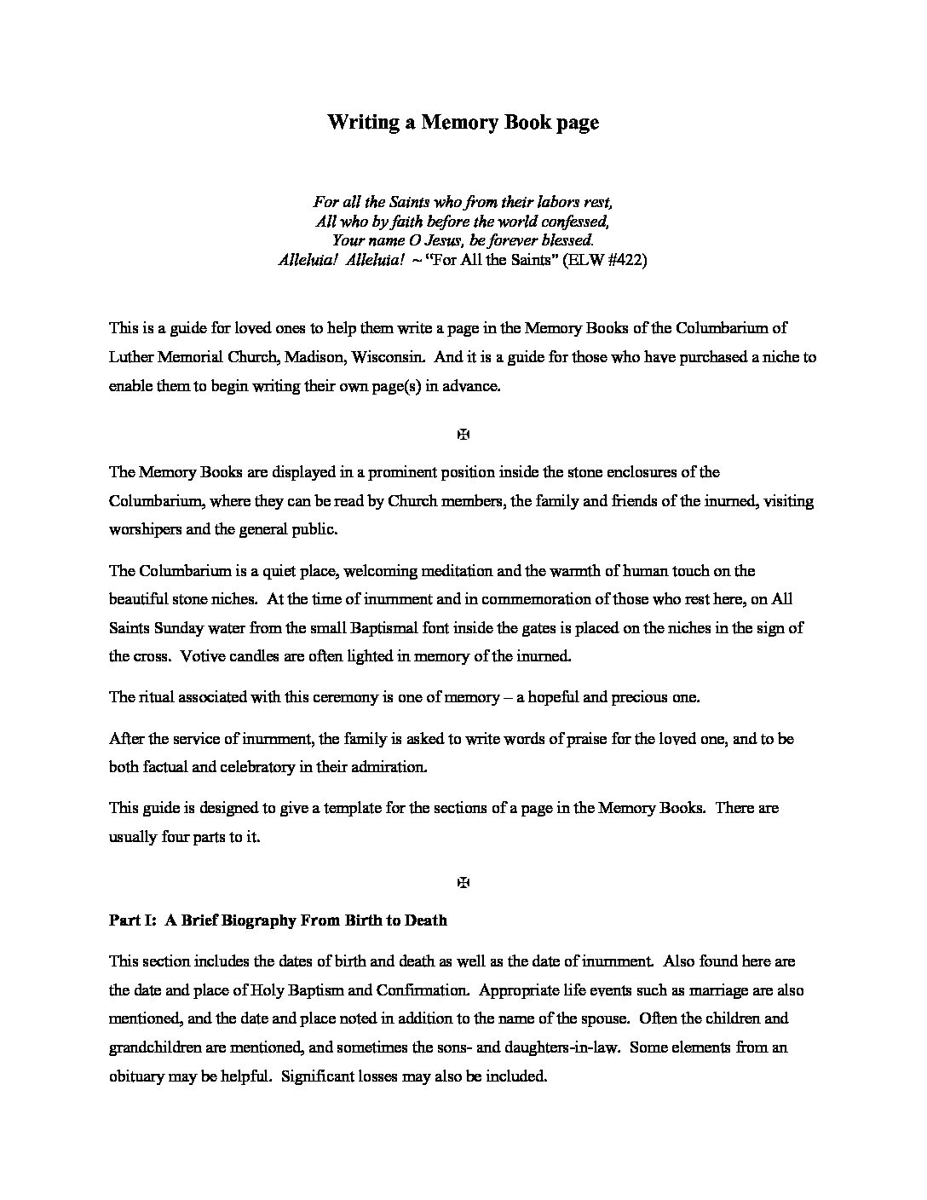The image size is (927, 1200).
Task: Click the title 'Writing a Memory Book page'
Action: (x=463, y=123)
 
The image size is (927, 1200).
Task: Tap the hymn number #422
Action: (x=625, y=261)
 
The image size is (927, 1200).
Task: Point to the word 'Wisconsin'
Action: (x=392, y=357)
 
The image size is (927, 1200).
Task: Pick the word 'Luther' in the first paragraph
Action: (x=129, y=357)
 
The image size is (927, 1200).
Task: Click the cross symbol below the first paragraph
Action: (x=463, y=435)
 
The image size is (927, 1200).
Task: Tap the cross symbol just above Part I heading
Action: (x=463, y=883)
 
